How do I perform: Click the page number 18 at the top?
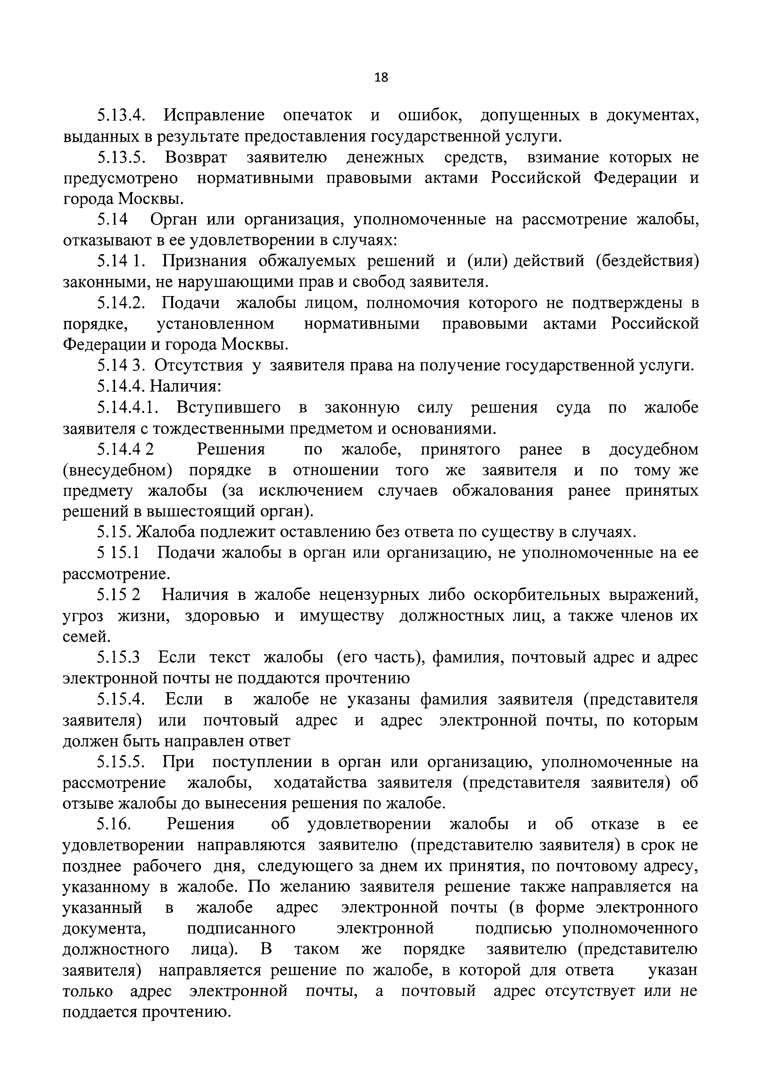(381, 77)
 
